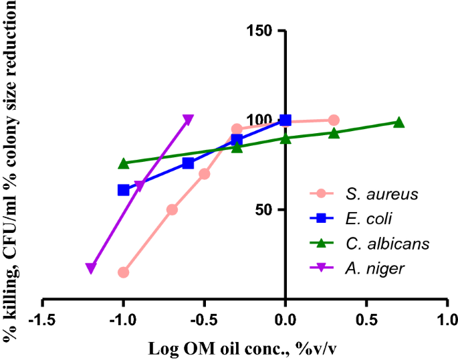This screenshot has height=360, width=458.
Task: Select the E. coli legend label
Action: tap(369, 219)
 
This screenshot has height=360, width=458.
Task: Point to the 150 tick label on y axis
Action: tap(260, 31)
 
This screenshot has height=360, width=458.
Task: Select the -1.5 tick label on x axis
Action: tap(42, 316)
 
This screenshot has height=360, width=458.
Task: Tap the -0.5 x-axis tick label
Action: tap(204, 316)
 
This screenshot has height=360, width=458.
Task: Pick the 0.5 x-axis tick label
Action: tap(366, 316)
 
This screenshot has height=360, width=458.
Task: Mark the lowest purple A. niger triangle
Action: tap(91, 268)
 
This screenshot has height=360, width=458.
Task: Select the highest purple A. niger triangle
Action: tap(188, 120)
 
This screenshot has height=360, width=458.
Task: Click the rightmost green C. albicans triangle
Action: tap(398, 122)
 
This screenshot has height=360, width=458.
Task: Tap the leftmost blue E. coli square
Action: tap(123, 190)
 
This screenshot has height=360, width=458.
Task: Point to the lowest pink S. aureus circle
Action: tap(123, 272)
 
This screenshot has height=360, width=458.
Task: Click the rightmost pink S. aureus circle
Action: tap(334, 120)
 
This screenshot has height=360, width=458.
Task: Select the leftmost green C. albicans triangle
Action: tap(123, 163)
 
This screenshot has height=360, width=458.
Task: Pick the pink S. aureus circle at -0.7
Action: tap(172, 209)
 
